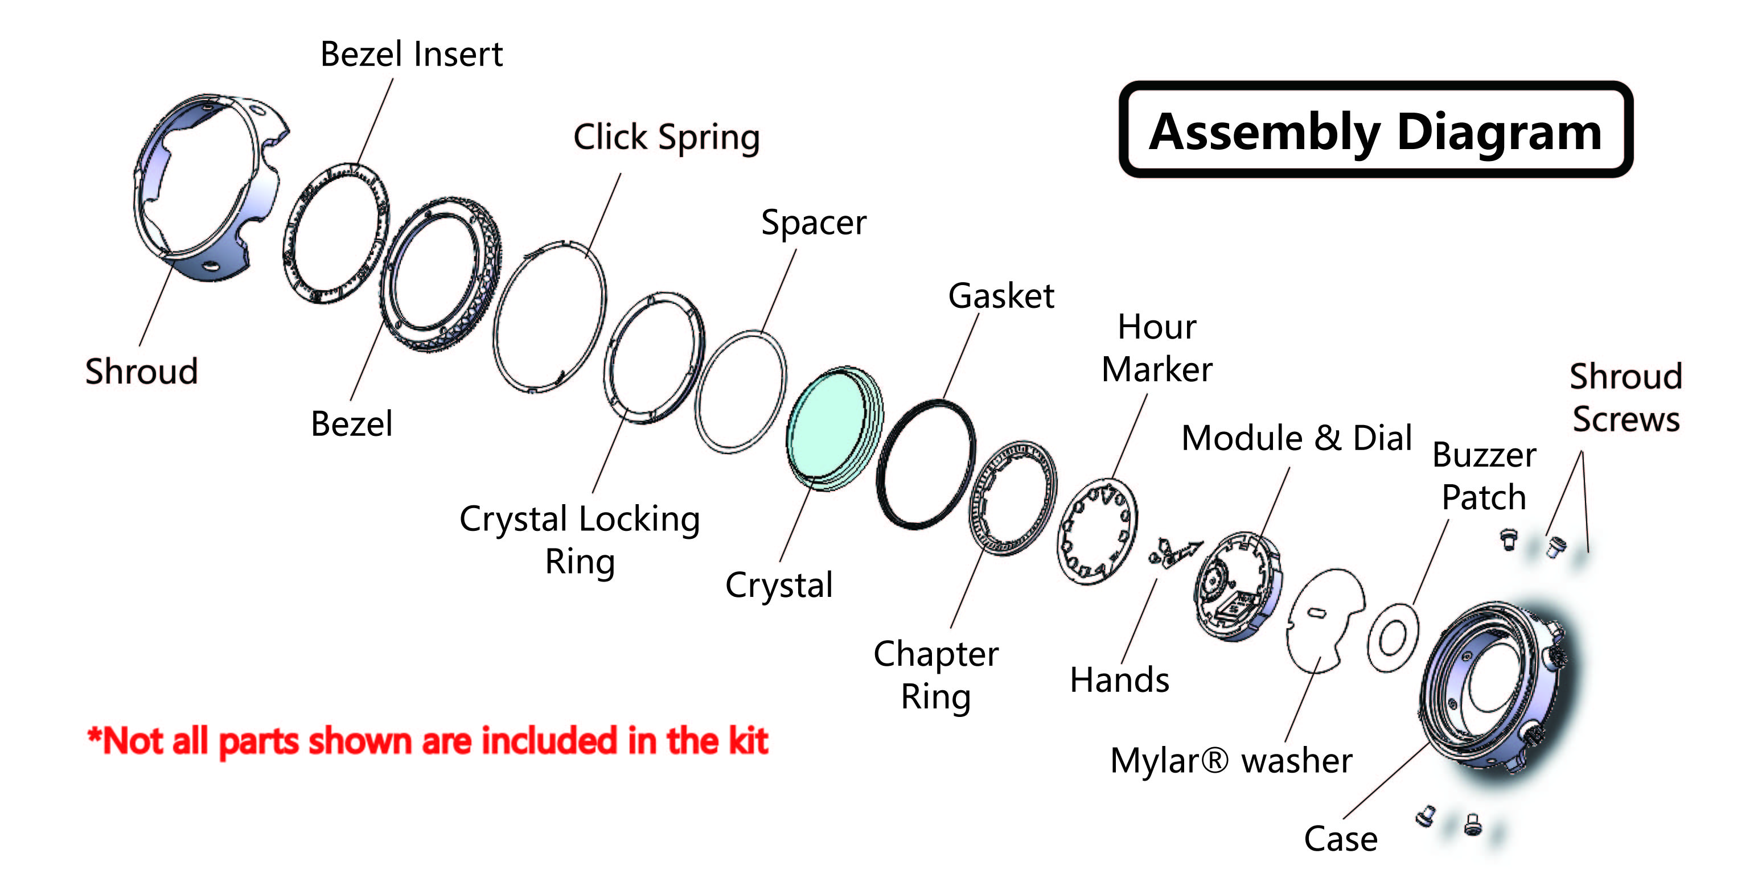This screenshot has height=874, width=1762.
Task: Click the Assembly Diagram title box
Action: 1375,130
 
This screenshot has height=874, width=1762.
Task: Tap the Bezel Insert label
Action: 411,54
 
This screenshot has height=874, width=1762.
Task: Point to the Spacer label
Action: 814,223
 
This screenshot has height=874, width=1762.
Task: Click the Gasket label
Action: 1001,296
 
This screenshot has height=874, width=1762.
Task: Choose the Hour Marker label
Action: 1157,348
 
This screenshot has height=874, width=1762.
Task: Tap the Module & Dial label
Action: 1296,438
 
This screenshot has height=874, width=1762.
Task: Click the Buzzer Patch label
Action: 1484,476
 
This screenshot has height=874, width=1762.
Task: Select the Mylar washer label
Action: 1230,760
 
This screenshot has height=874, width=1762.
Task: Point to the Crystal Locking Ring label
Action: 580,539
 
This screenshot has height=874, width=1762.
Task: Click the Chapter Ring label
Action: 936,675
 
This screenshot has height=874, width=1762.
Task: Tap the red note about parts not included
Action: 428,741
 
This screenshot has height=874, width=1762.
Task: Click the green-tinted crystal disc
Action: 829,427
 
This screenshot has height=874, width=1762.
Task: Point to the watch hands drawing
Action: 1175,551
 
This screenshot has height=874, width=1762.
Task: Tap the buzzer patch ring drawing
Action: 1393,638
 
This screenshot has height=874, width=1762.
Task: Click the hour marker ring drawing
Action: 1096,531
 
